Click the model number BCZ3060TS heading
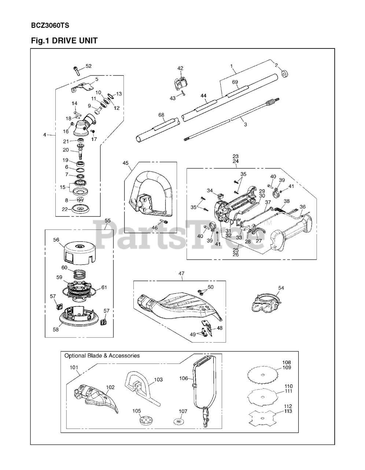(x=50, y=26)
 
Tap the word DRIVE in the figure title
(x=64, y=40)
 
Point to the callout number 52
(x=88, y=66)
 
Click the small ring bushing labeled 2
(x=284, y=75)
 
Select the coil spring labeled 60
(x=80, y=274)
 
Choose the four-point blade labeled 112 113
(x=263, y=418)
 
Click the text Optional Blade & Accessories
(x=102, y=355)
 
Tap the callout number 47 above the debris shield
(x=181, y=274)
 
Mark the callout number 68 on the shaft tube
(x=162, y=115)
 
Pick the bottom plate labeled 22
(x=79, y=209)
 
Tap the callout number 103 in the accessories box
(x=158, y=379)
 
